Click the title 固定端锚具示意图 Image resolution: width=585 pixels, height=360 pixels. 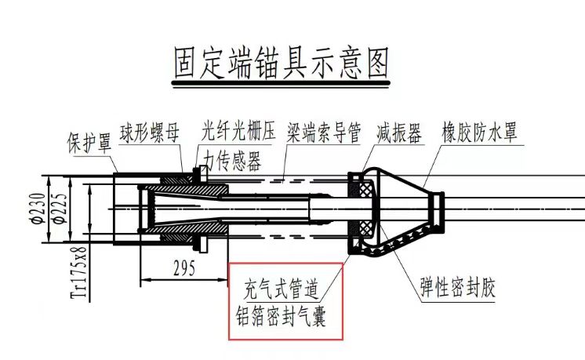281,64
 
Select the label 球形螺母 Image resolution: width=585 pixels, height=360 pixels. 150,131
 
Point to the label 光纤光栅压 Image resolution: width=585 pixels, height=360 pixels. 238,131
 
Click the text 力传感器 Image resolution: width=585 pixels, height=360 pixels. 233,159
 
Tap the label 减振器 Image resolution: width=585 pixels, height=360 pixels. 399,131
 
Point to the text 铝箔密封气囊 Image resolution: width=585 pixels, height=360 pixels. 282,318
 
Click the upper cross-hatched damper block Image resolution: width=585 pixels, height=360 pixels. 364,189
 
